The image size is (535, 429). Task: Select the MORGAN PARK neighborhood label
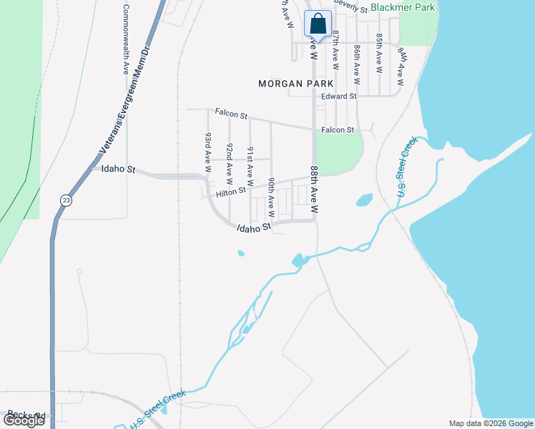(x=296, y=84)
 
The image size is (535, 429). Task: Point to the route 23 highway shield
(x=66, y=200)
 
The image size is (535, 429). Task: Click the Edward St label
(x=339, y=96)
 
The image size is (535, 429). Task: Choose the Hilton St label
(x=231, y=191)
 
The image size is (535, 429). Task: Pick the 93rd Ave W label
(x=208, y=154)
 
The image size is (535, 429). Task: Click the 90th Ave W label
(x=271, y=197)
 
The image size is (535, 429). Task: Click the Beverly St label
(x=350, y=9)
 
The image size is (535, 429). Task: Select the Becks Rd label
(x=27, y=415)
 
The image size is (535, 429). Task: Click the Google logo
(x=24, y=420)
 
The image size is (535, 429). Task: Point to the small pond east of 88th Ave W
(x=364, y=200)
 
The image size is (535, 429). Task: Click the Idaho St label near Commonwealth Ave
(x=119, y=169)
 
